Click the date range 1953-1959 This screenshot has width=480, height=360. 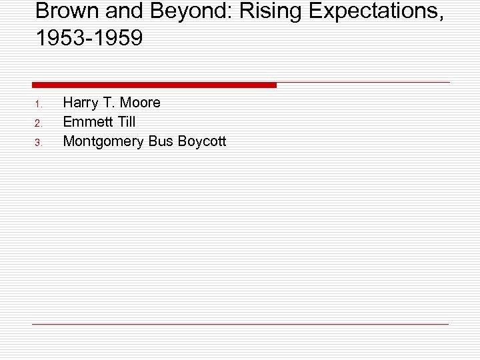coord(89,39)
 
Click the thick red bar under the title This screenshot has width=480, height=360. coord(154,85)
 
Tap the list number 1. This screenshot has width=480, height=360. coord(39,104)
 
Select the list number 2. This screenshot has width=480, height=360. coord(39,123)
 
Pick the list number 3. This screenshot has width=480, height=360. coord(39,142)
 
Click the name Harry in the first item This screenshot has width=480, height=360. coord(81,103)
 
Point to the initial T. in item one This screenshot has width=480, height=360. coord(109,103)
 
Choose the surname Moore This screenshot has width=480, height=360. coord(141,103)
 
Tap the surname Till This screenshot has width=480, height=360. coord(125,122)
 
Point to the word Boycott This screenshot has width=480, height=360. coord(202,141)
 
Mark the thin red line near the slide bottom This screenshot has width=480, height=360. coord(240,324)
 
